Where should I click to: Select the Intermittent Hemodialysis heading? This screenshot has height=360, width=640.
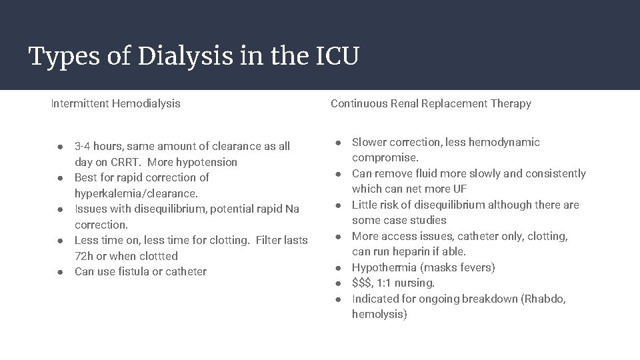tap(115, 103)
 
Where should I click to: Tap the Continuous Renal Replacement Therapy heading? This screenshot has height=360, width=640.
tap(431, 103)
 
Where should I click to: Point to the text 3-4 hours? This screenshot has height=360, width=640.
tap(97, 146)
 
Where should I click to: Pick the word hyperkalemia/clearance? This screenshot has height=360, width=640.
tap(136, 193)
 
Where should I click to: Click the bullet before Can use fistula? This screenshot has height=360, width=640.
tap(60, 272)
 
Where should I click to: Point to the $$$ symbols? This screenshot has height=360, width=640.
tap(361, 283)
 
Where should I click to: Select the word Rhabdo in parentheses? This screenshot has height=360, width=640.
tap(544, 299)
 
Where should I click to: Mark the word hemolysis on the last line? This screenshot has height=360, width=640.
tap(377, 314)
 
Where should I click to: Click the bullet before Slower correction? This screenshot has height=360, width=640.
tap(338, 143)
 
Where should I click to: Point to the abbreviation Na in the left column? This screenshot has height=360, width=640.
tap(292, 209)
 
